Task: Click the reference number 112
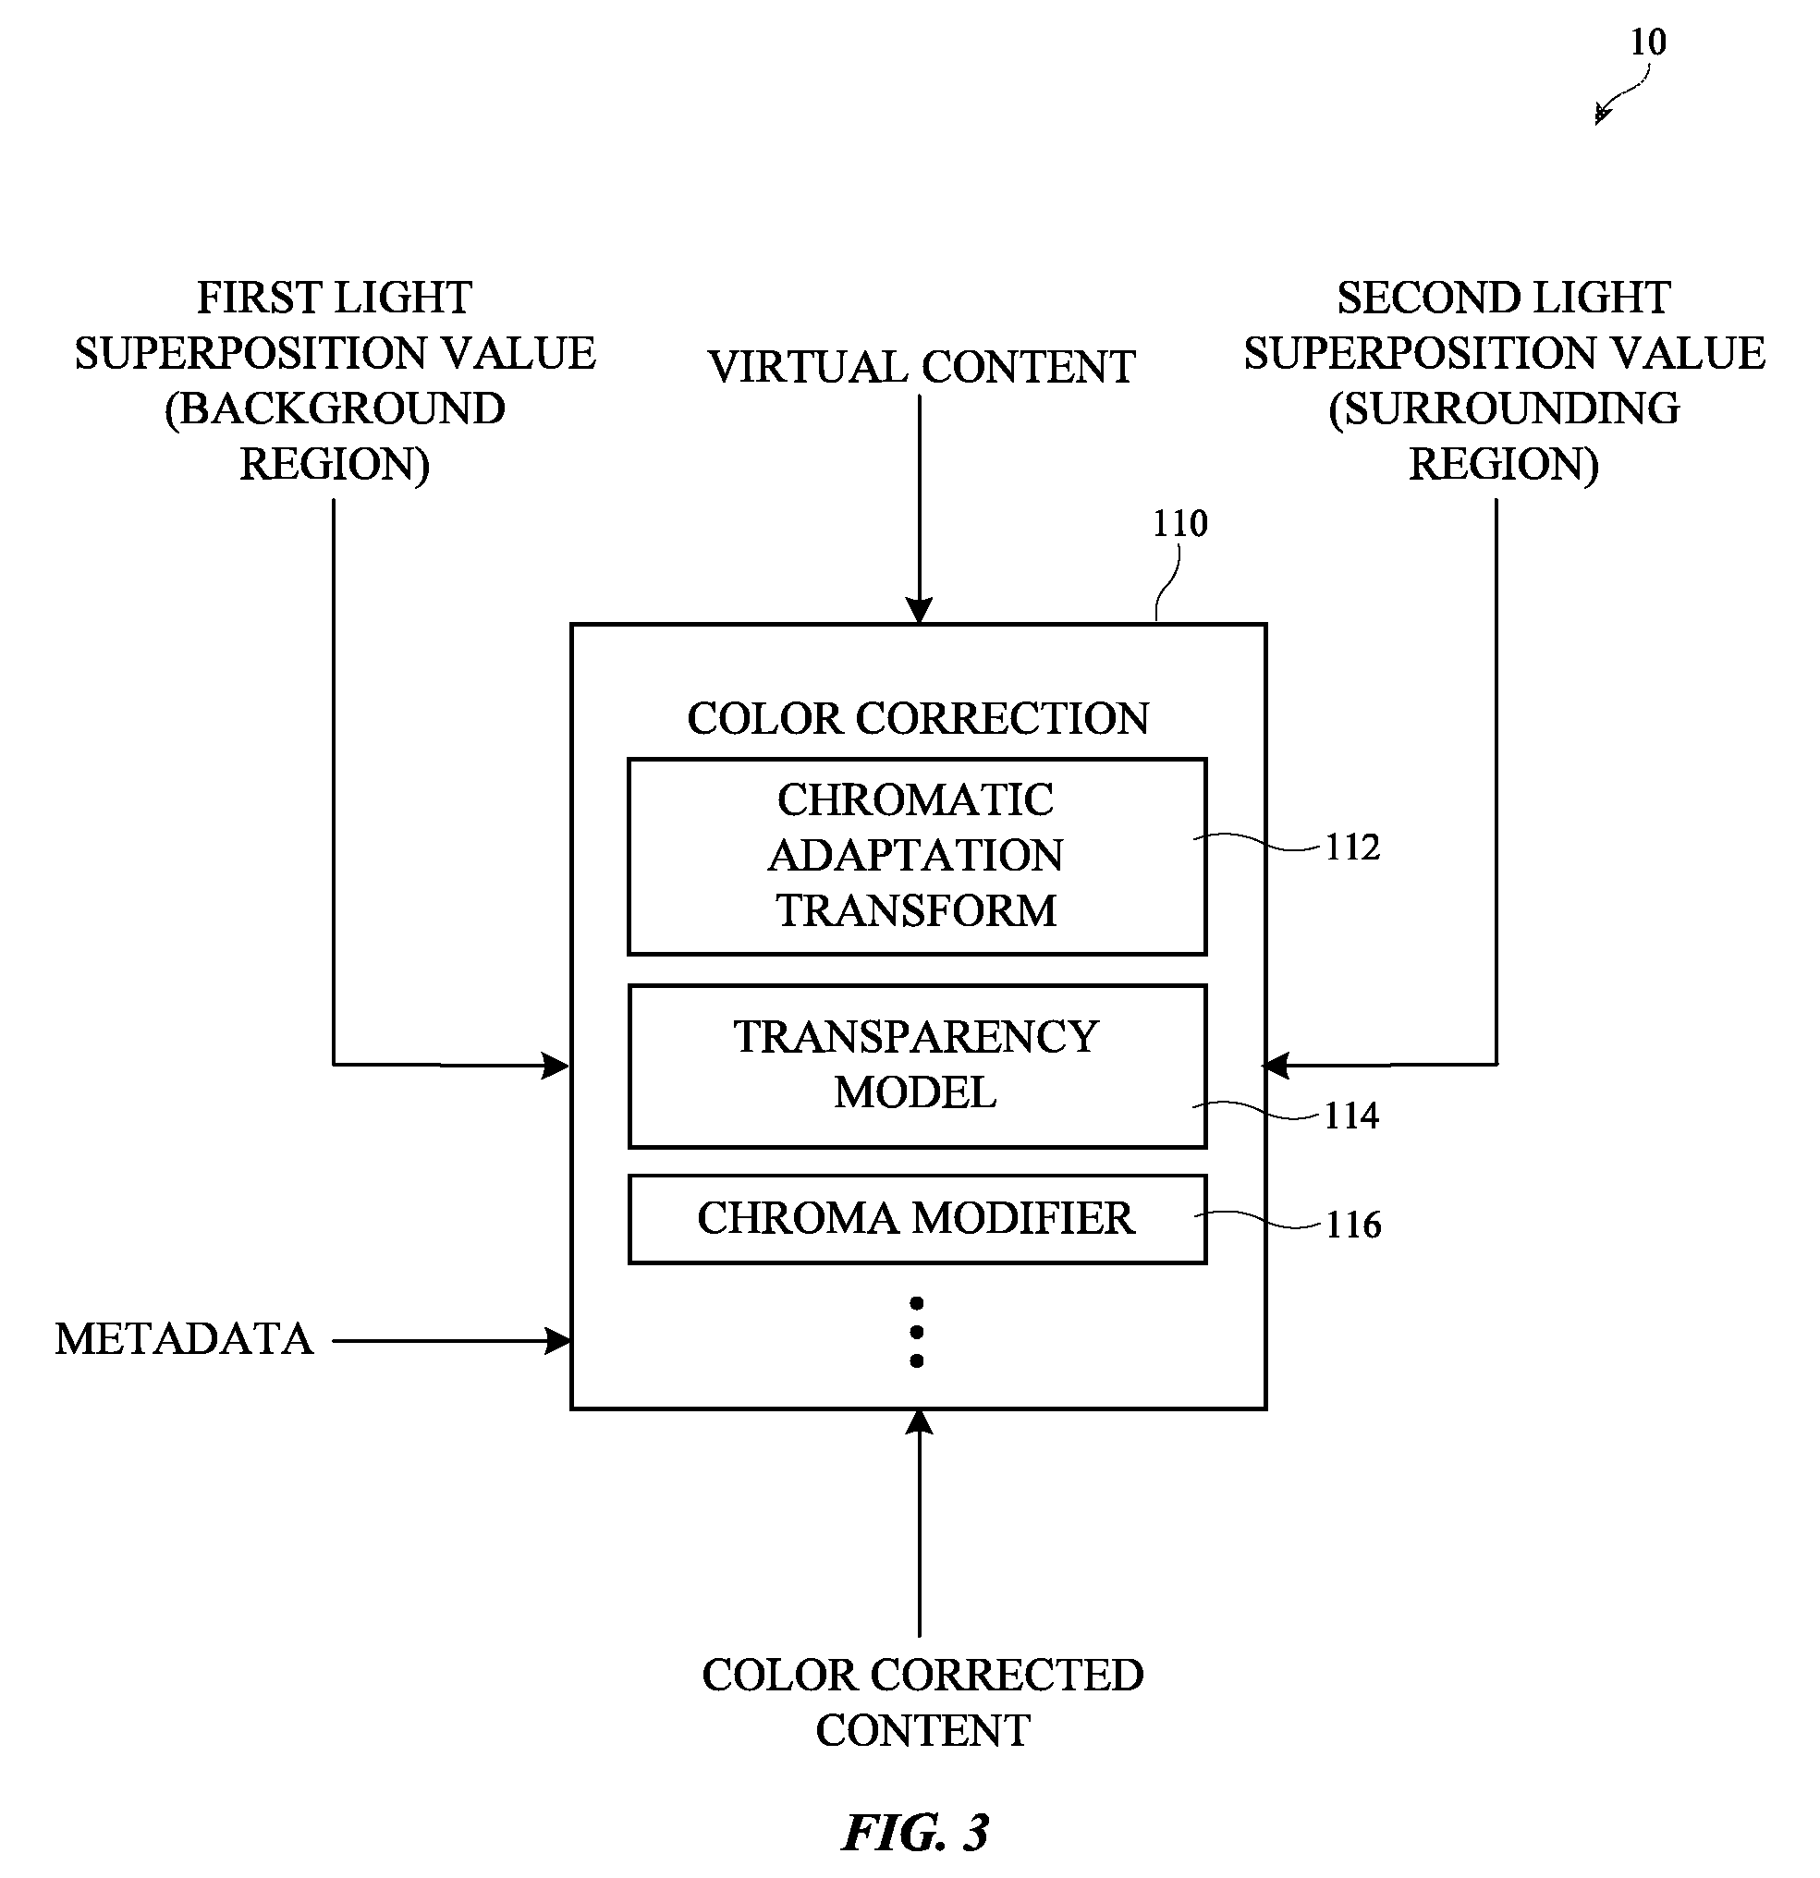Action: click(x=1352, y=847)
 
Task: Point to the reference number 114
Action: click(x=1351, y=1116)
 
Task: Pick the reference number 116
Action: click(x=1353, y=1225)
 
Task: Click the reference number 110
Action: click(x=1179, y=523)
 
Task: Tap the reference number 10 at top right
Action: click(x=1648, y=43)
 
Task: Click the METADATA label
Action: click(x=184, y=1338)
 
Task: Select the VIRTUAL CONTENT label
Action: click(x=921, y=367)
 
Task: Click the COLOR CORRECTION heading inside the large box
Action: click(x=918, y=719)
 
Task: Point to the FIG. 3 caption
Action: click(x=915, y=1833)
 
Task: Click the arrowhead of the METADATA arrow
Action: click(x=557, y=1340)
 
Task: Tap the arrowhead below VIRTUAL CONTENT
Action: click(x=919, y=611)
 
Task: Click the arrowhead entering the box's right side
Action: click(x=1277, y=1065)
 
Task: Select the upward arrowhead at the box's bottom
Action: click(x=919, y=1423)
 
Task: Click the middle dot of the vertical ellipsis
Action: click(x=917, y=1332)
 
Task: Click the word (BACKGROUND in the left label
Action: click(x=335, y=409)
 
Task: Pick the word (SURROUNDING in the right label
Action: click(x=1504, y=409)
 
